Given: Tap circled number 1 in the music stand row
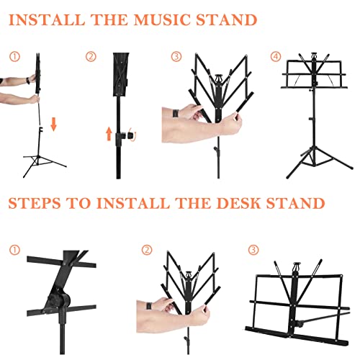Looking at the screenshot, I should [15, 56].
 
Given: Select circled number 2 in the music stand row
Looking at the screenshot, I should [91, 56].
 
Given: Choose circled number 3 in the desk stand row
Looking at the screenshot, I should [253, 251].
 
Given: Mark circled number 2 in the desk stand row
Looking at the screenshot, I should [147, 251].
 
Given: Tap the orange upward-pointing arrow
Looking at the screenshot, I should [109, 134].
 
